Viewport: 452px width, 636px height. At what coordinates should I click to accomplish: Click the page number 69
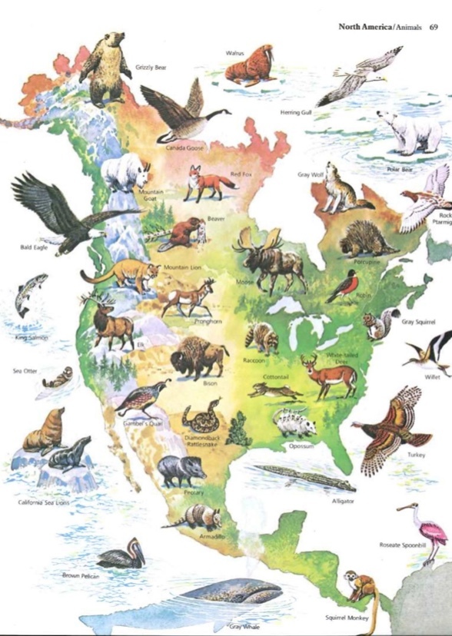click(x=434, y=27)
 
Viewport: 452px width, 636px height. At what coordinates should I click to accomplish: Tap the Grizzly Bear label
click(x=150, y=68)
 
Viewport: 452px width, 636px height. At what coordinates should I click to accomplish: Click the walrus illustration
click(x=250, y=67)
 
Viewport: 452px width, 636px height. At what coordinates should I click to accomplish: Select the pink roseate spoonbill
click(x=428, y=531)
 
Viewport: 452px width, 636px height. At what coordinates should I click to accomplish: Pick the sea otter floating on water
click(x=58, y=378)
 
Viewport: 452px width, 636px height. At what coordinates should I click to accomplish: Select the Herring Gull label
click(x=296, y=112)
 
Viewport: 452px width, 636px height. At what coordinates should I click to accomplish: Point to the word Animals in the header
click(x=407, y=27)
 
